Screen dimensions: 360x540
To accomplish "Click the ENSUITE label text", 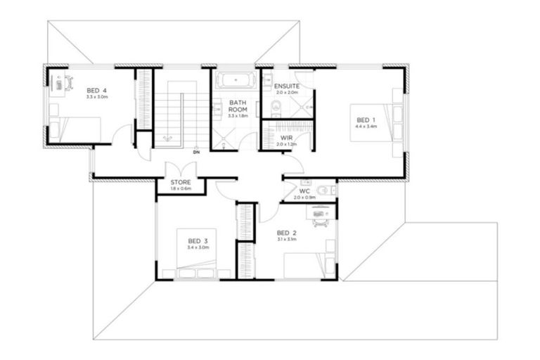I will coord(287,86).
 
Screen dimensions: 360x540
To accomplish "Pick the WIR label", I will coord(286,138).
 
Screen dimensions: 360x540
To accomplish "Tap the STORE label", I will coord(181,181).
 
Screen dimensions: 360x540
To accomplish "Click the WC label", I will coord(304,191).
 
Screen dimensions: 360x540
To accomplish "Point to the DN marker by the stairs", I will coord(196,151).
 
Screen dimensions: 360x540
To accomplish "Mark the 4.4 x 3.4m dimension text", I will coord(366,127).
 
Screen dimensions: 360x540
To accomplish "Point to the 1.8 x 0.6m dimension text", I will coord(181,188).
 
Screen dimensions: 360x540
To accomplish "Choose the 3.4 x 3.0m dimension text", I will coord(198,247).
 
